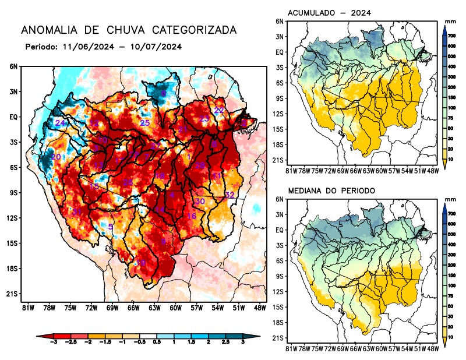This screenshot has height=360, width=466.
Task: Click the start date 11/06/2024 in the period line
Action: point(85,47)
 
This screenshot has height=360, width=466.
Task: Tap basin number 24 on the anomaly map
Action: point(60,123)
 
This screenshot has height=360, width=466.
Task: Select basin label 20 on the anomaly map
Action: point(56,157)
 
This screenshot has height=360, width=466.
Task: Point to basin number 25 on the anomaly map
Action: point(145,123)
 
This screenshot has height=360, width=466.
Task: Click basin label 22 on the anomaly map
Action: point(219,110)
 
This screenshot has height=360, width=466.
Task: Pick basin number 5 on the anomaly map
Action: point(111,227)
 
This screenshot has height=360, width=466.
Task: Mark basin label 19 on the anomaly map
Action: point(140,264)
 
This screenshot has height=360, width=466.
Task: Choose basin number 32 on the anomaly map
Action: point(230,195)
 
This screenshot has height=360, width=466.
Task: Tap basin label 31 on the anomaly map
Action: point(76,211)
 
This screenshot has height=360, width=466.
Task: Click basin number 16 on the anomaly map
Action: point(191,216)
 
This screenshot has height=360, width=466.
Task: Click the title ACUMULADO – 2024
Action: point(329,13)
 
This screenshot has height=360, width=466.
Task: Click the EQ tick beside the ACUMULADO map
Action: point(280,52)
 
